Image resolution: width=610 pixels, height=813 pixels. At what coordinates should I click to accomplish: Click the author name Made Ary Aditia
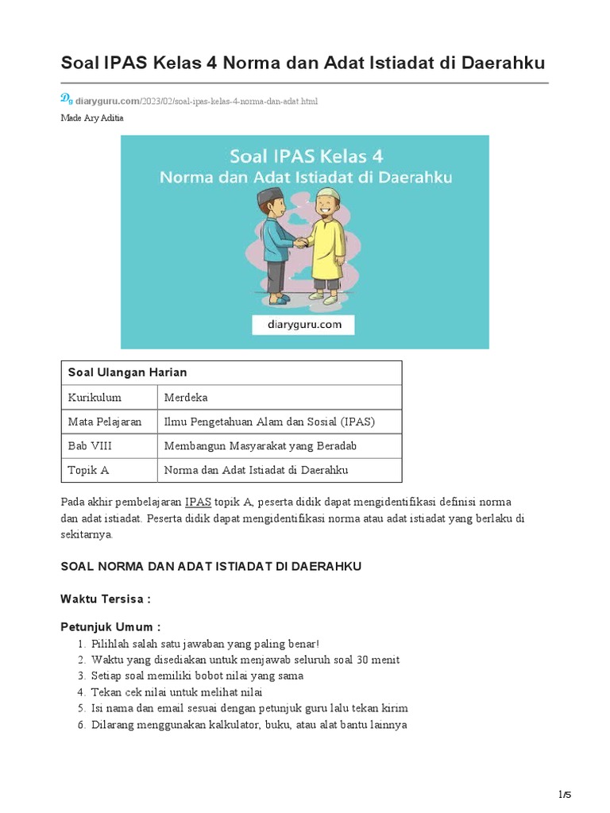[92, 118]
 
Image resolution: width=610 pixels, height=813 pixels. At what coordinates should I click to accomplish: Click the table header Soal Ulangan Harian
[127, 372]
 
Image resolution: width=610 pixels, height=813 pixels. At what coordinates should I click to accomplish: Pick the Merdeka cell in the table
[185, 397]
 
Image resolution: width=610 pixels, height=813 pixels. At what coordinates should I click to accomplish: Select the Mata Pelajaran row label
[105, 422]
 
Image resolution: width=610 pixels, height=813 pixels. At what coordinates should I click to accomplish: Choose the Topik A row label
[88, 470]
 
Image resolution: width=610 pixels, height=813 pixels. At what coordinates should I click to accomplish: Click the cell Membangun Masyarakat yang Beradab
[260, 445]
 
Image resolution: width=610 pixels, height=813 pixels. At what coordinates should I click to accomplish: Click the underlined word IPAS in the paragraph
[198, 503]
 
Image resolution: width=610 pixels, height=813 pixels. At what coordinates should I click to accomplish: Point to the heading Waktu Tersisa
[106, 599]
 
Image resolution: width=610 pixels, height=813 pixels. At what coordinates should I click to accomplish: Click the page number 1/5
[565, 795]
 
